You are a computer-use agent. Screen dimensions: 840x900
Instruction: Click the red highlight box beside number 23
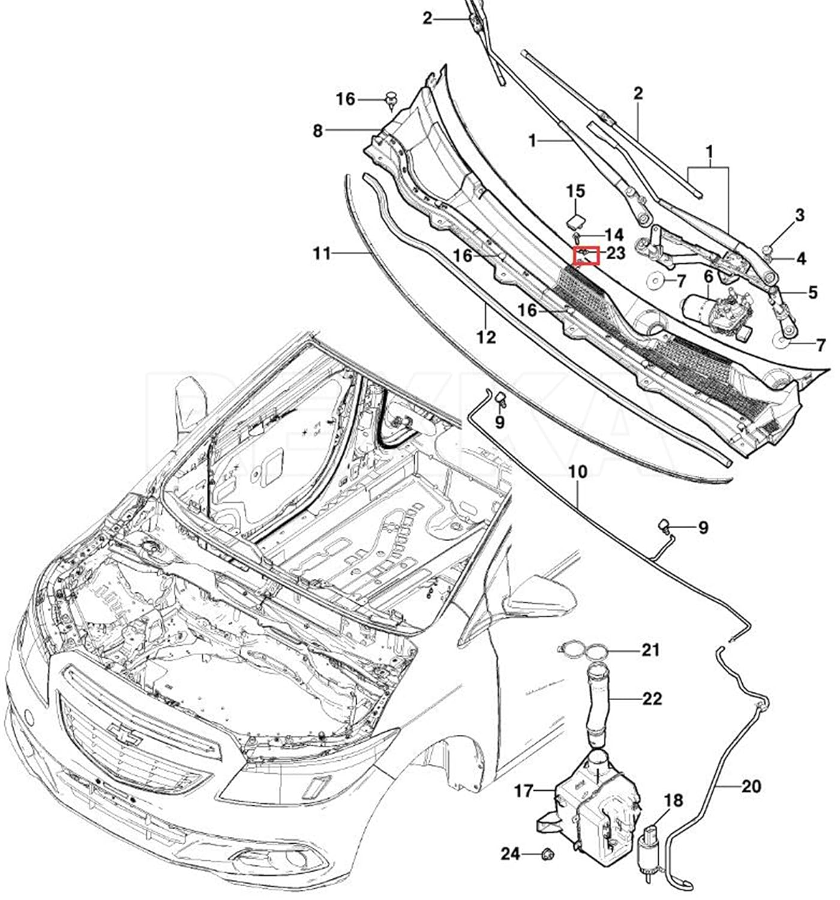tap(586, 255)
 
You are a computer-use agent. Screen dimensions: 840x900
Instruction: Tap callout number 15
tap(576, 191)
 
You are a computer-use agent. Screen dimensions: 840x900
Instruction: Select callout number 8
tap(318, 131)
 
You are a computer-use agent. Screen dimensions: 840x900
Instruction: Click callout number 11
tap(322, 253)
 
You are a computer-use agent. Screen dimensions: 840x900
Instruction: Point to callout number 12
tap(486, 337)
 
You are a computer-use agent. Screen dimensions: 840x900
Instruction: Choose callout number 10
tap(578, 472)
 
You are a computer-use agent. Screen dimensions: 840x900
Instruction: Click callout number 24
tap(511, 854)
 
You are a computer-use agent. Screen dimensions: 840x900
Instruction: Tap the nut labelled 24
tap(548, 854)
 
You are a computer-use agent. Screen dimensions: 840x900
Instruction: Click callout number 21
tap(650, 650)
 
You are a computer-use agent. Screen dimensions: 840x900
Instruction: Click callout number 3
tap(799, 215)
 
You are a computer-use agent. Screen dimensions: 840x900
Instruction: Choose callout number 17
tap(524, 791)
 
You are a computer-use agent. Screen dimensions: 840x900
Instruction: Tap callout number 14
tap(614, 235)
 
